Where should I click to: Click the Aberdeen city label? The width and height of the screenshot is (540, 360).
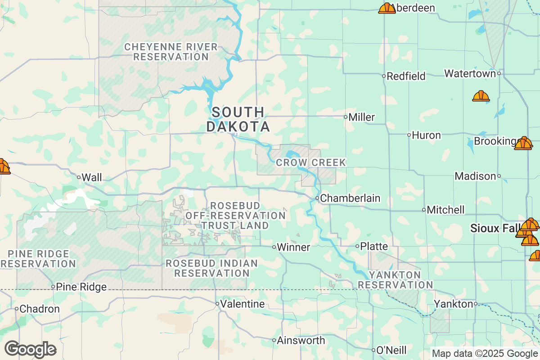point(413,8)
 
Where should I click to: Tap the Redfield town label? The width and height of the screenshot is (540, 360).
point(406,76)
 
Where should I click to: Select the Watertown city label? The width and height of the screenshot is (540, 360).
point(470,73)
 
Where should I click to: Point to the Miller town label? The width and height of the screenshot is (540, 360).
point(362,117)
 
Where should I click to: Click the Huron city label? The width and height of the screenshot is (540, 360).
point(426,135)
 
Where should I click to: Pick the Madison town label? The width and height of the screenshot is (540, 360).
point(475,176)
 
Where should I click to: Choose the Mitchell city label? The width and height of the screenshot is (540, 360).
point(445,210)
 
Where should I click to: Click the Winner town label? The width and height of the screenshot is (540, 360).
point(293,247)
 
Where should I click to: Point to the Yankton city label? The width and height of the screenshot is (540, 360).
point(454,304)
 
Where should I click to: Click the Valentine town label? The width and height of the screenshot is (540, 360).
point(243,304)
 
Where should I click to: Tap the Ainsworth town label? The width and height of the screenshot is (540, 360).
point(301,340)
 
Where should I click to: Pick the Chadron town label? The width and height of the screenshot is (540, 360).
point(40,309)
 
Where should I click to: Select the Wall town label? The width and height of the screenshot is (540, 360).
point(93,177)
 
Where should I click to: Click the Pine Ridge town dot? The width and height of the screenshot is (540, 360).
point(53,287)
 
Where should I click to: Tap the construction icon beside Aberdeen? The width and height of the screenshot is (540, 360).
point(387,8)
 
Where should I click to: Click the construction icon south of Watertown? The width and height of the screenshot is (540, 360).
point(481,96)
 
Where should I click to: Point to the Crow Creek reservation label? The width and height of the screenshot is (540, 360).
point(311,162)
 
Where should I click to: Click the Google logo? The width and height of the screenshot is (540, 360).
point(30,349)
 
